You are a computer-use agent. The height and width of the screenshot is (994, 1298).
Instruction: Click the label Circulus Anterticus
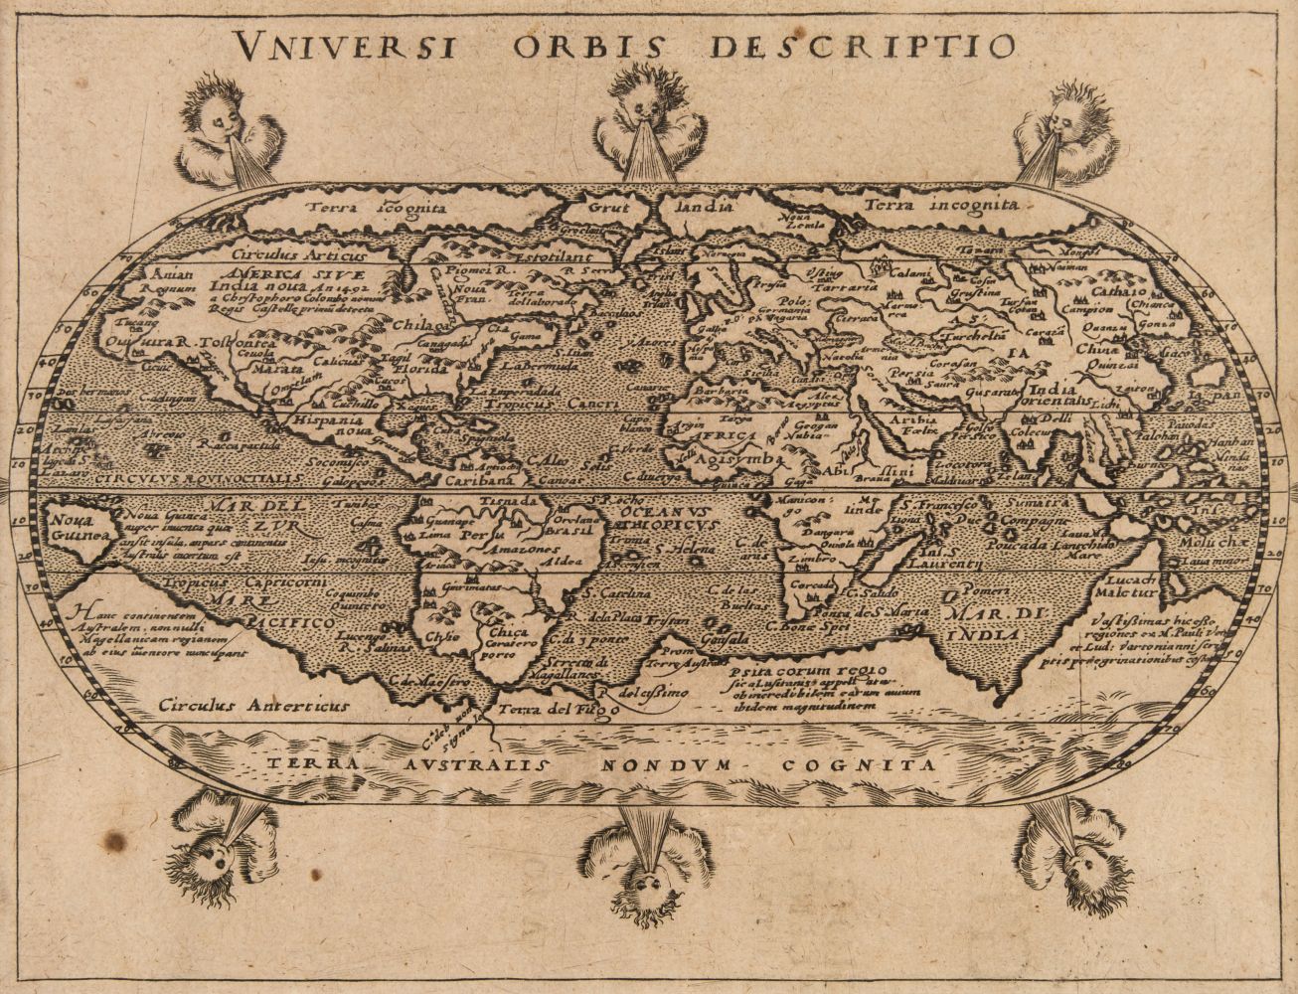[x=254, y=706]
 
